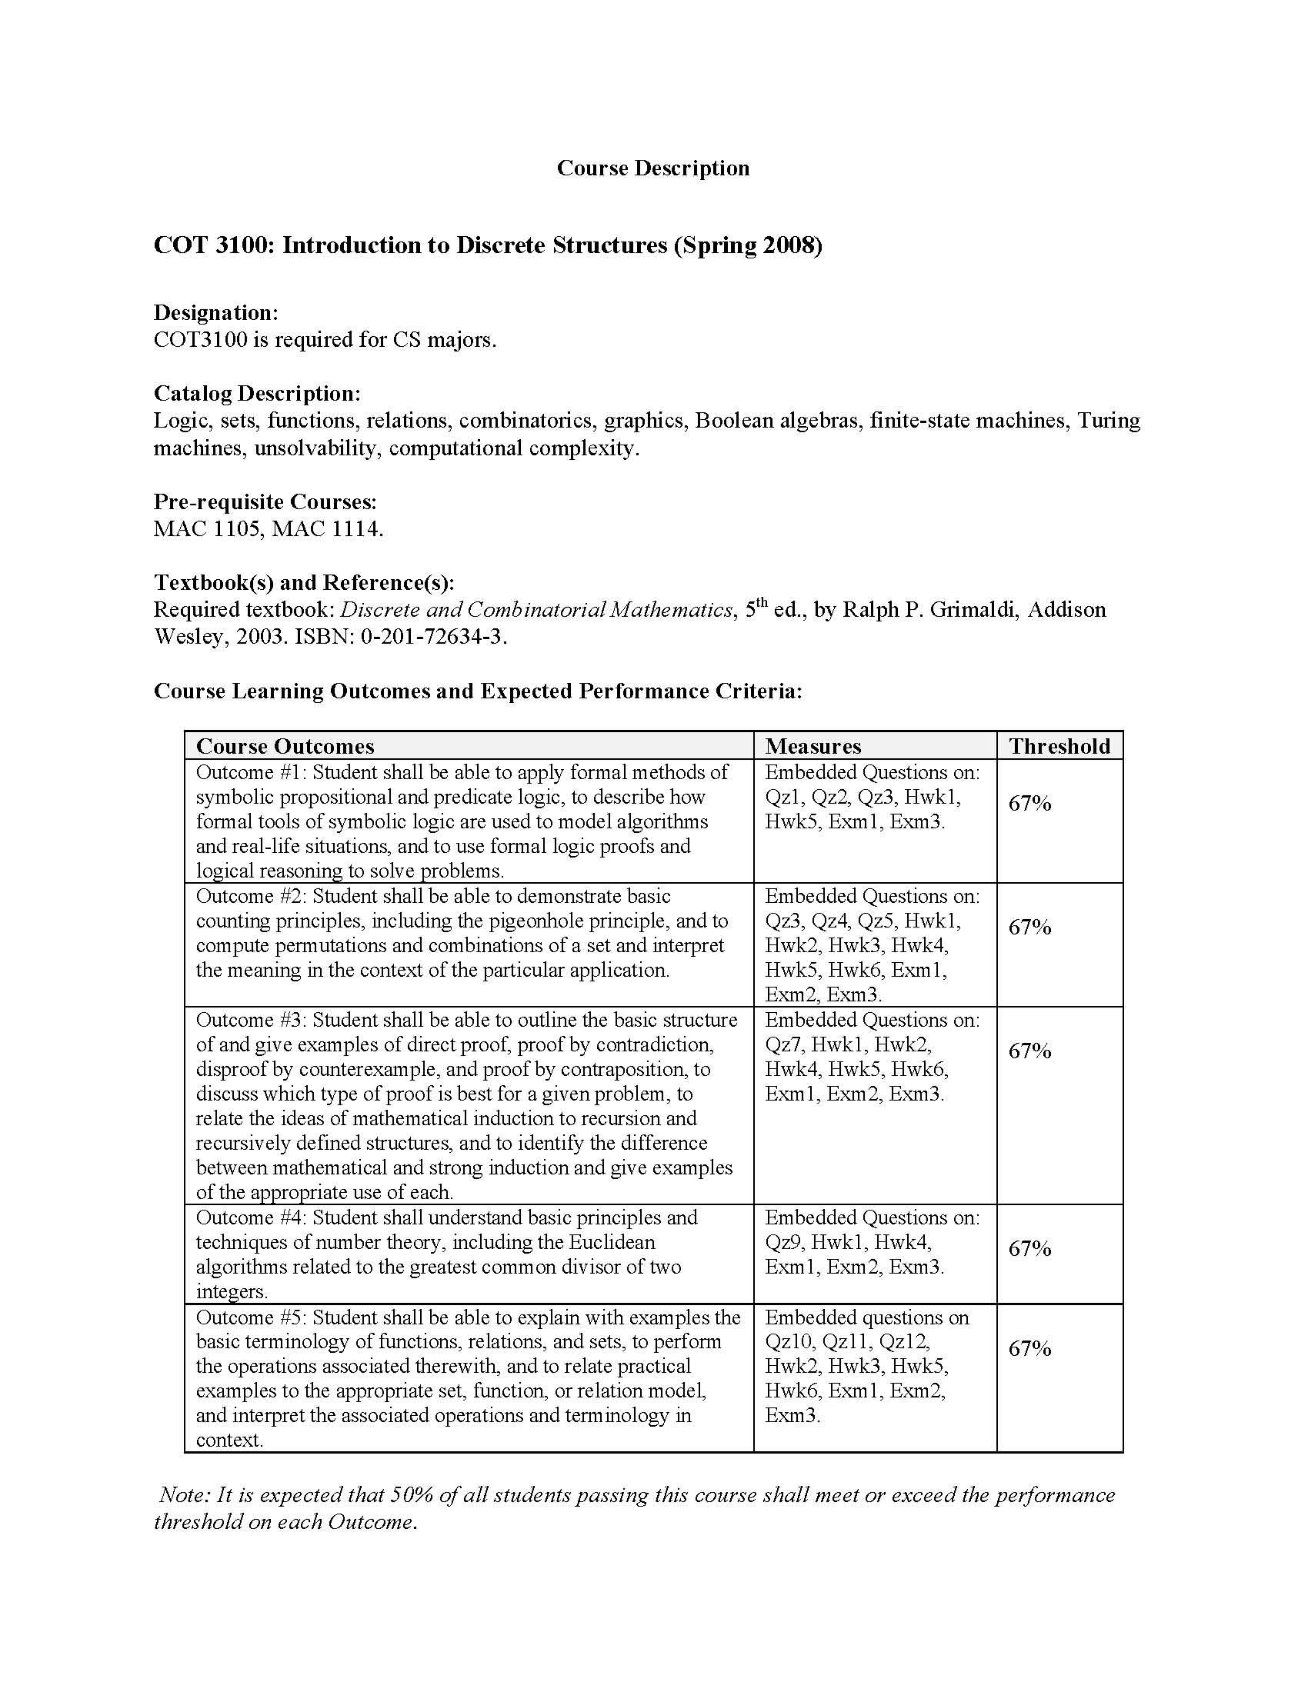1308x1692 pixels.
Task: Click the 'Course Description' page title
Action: [652, 168]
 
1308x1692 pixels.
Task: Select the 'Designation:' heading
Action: [215, 312]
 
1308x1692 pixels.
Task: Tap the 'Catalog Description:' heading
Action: [256, 393]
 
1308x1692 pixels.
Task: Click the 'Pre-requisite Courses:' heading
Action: [265, 501]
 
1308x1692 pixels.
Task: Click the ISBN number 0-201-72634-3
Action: [432, 637]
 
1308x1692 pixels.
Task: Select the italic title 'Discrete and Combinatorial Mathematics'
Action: [536, 610]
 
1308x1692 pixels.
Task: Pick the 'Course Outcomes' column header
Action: [285, 746]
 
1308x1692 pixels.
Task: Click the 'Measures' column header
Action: [812, 746]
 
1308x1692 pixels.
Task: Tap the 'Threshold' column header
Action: [1059, 746]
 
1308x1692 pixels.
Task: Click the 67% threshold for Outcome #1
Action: [1029, 804]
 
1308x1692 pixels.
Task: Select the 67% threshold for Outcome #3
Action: [1029, 1051]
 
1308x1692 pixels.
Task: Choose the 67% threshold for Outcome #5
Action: [1029, 1349]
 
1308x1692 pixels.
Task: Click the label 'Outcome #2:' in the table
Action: [251, 896]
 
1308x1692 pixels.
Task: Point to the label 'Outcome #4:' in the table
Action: [251, 1217]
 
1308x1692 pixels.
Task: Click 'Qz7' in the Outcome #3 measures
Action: [782, 1044]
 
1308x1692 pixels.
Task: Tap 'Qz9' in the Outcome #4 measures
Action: [782, 1242]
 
